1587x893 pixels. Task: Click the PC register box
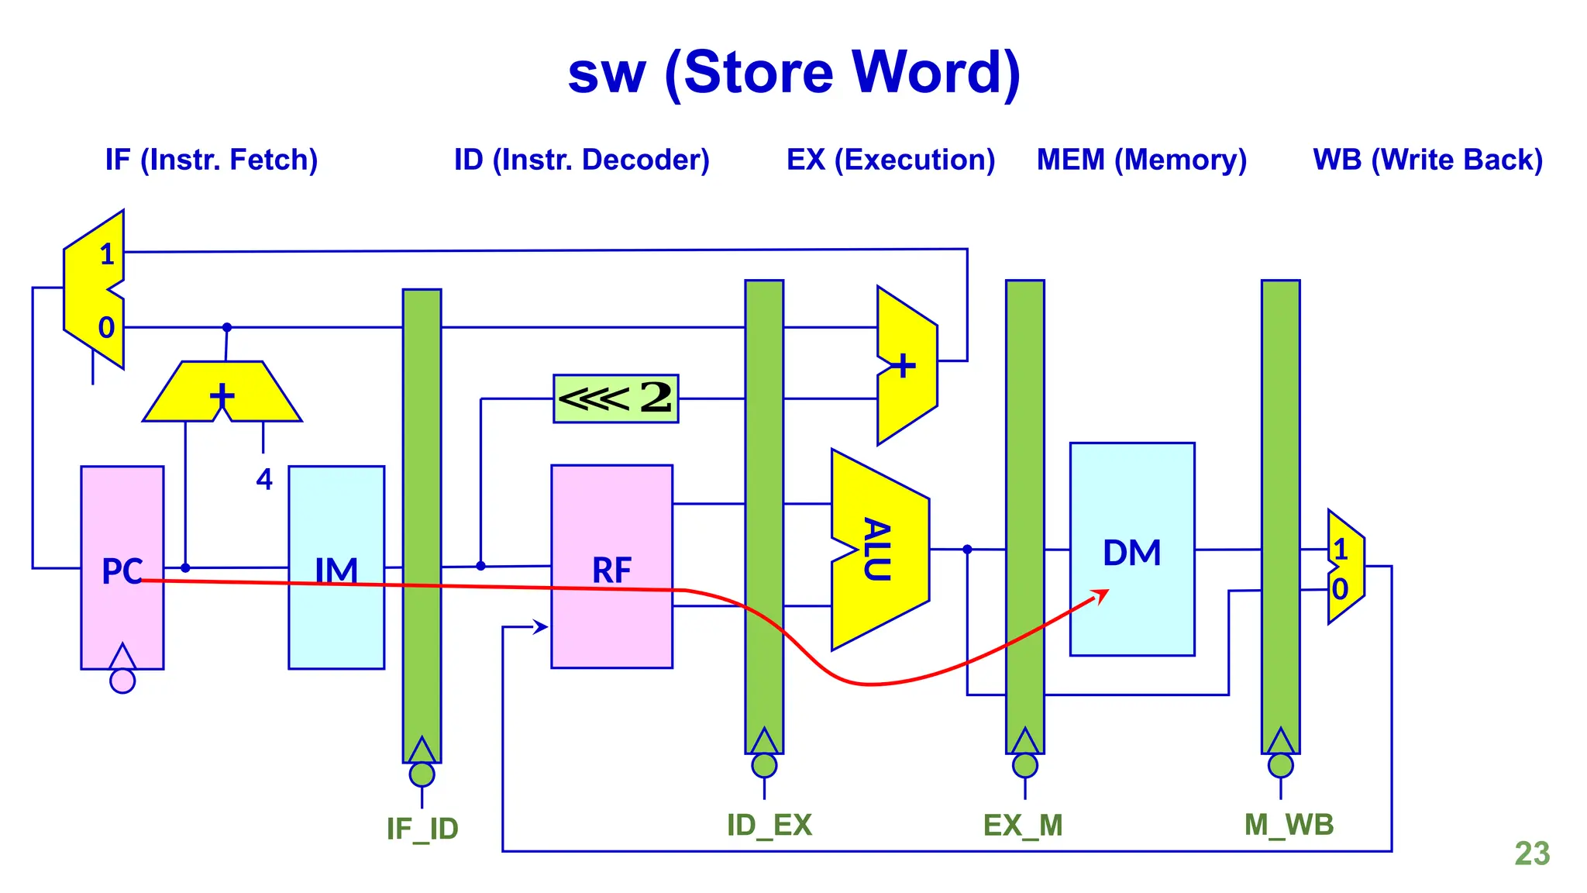tap(122, 535)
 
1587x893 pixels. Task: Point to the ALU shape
tap(879, 550)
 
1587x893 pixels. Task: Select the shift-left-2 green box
tap(615, 398)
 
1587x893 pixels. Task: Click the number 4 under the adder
tap(264, 480)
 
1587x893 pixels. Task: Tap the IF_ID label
tap(422, 829)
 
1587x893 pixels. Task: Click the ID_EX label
tap(769, 825)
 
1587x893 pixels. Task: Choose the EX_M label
tap(1023, 825)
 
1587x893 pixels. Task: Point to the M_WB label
tap(1289, 824)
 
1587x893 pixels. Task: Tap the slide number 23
tap(1532, 853)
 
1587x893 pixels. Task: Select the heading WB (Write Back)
tap(1427, 160)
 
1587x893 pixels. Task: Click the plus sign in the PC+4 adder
tap(222, 396)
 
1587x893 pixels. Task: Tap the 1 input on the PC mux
tap(107, 254)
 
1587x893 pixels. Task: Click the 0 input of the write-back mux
tap(1340, 589)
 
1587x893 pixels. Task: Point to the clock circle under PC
tap(122, 681)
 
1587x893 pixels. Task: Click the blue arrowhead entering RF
tap(541, 626)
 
